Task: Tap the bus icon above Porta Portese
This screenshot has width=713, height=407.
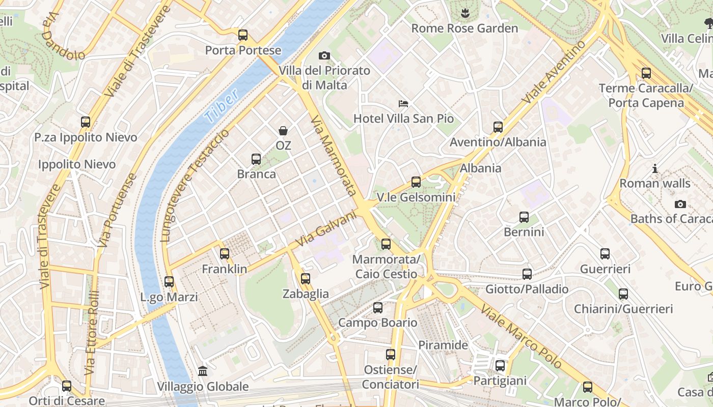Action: click(x=243, y=35)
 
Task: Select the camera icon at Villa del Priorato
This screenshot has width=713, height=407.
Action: click(x=324, y=55)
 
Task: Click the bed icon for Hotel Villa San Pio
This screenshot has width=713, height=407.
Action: click(x=403, y=104)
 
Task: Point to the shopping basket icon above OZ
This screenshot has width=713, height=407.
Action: click(x=283, y=131)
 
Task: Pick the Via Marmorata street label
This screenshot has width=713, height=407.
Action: click(x=333, y=156)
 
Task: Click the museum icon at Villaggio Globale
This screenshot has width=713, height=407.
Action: click(x=203, y=371)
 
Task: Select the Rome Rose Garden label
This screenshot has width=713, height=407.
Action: click(x=464, y=28)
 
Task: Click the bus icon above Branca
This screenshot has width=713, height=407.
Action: click(x=256, y=159)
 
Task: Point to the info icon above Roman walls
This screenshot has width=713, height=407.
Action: click(x=655, y=168)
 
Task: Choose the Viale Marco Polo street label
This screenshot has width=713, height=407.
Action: click(x=522, y=337)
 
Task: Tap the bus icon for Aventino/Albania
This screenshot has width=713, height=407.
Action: click(x=498, y=127)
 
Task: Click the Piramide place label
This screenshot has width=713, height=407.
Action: click(x=443, y=345)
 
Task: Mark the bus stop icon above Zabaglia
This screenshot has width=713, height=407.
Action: click(x=306, y=279)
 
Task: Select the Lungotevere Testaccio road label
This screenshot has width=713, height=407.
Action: click(x=195, y=185)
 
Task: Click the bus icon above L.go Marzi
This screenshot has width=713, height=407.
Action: click(x=169, y=281)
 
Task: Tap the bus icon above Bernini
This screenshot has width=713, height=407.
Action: click(x=524, y=217)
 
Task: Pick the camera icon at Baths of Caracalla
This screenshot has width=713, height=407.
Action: click(x=680, y=205)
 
